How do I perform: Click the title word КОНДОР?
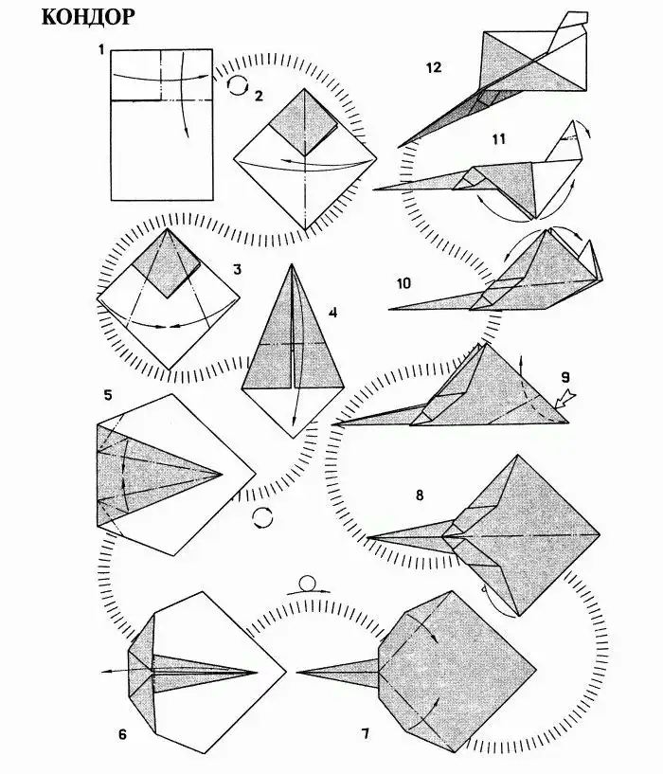(x=88, y=17)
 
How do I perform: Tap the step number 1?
(x=101, y=49)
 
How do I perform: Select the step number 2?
(x=259, y=96)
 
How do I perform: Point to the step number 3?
(x=238, y=269)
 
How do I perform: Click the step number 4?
(x=332, y=313)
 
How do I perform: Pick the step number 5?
(x=108, y=395)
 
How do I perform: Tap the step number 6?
(x=122, y=734)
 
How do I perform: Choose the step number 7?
(x=366, y=734)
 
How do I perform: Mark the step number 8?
(x=420, y=495)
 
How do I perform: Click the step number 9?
(x=565, y=378)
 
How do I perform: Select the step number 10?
(x=403, y=283)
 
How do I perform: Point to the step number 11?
(x=499, y=139)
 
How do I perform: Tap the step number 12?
(x=434, y=67)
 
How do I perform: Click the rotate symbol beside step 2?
(x=237, y=85)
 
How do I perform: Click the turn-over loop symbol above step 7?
(x=308, y=584)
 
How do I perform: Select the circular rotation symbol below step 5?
(x=262, y=518)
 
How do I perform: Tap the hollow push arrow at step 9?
(x=564, y=399)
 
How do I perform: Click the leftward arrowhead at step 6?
(x=105, y=672)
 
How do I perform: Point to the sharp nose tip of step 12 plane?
(x=399, y=147)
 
